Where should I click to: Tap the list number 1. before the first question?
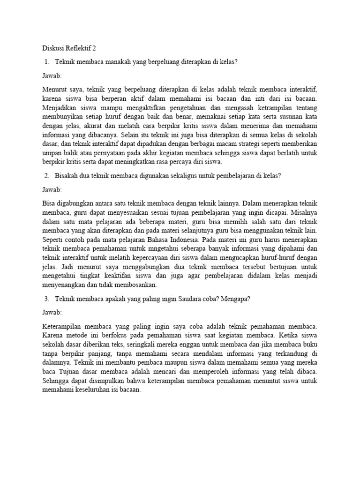(x=46, y=61)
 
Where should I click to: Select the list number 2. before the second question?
(x=46, y=176)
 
